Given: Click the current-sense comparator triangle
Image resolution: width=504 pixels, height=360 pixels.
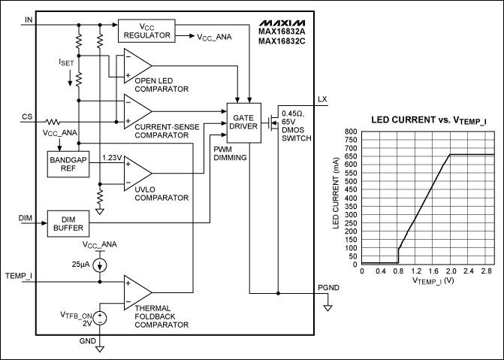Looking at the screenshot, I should (x=135, y=110).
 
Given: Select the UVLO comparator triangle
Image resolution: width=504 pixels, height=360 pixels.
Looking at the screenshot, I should (x=136, y=171).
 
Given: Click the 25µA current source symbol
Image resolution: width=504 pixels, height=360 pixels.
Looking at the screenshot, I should (x=100, y=265).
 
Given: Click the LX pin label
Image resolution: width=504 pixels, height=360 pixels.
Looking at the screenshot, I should (x=323, y=99).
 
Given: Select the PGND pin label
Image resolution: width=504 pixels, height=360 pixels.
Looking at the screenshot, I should (x=328, y=286).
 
